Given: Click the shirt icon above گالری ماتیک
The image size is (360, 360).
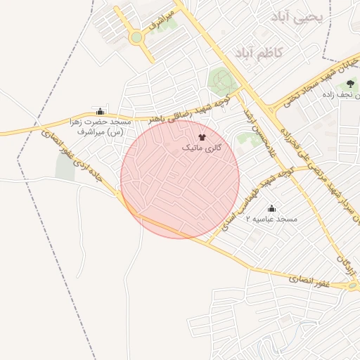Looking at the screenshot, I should point(202,137).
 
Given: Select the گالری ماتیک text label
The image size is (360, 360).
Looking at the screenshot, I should point(202,148).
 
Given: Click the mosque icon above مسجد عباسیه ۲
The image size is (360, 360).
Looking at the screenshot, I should point(272,208).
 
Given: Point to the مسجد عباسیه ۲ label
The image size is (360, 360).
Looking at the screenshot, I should point(271,219).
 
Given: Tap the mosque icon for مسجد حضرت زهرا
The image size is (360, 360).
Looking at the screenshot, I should point(100,111).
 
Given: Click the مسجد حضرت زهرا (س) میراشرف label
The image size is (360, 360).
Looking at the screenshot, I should point(99,127).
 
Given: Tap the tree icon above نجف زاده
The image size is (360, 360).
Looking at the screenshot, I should point(349,85).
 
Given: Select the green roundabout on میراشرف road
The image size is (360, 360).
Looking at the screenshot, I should point(136,37).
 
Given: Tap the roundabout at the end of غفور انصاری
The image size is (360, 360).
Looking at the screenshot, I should point(352,286).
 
